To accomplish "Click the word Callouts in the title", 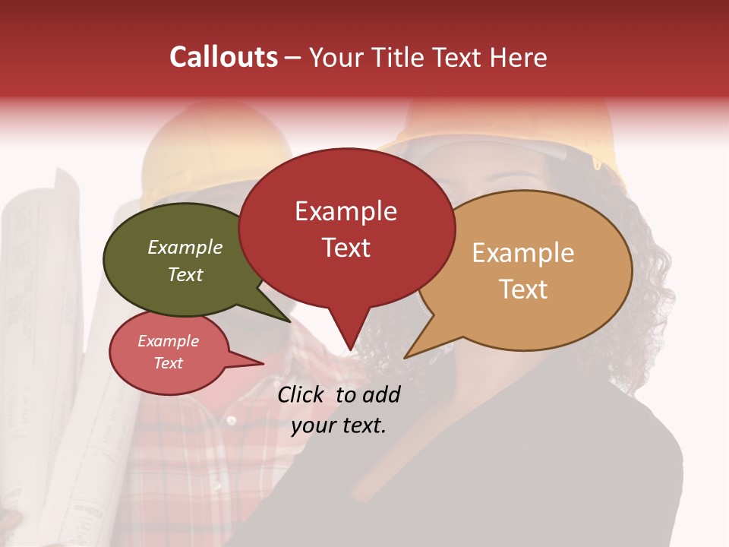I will [223, 57].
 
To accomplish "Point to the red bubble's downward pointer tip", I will [349, 350].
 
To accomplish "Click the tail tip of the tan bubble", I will [406, 357].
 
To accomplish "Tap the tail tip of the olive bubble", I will [290, 321].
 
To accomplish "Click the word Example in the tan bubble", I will [523, 253].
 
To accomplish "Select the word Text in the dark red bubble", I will [346, 248].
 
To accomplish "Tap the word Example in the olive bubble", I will [185, 247].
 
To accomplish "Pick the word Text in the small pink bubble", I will [169, 363].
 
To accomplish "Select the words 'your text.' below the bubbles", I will [339, 425].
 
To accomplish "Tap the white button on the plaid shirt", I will [229, 420].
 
